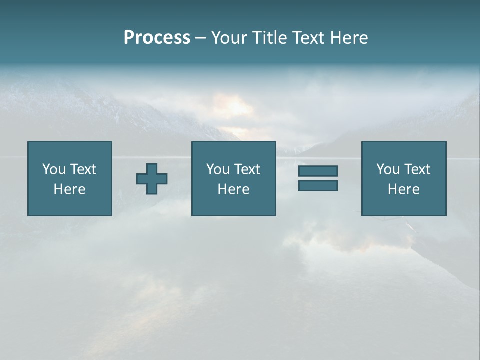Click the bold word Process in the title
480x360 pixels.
point(157,38)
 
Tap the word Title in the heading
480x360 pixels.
point(269,38)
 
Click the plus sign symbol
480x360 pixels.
point(152,179)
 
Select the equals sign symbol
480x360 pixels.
point(318,178)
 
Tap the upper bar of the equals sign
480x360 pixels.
point(318,171)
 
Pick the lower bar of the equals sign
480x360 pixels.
point(318,185)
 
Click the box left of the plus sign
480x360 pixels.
point(70,178)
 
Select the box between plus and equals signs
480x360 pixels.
point(233,178)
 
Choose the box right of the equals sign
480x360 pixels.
point(403,178)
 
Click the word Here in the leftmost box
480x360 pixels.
point(70,189)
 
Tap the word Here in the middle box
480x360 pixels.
point(233,189)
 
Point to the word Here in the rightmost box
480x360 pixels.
point(403,189)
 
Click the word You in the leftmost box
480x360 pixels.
point(54,169)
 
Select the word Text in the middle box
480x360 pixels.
point(247,169)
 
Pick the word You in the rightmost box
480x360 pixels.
point(388,169)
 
